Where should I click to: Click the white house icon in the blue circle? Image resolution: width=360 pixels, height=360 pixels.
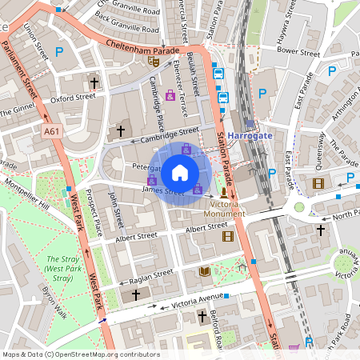(180, 172)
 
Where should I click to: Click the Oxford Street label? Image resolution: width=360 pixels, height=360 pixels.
(73, 98)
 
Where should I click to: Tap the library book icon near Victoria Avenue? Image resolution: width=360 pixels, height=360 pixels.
(204, 272)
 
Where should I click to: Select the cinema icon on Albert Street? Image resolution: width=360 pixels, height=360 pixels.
(228, 236)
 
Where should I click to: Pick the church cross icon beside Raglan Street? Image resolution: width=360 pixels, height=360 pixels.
(135, 295)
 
